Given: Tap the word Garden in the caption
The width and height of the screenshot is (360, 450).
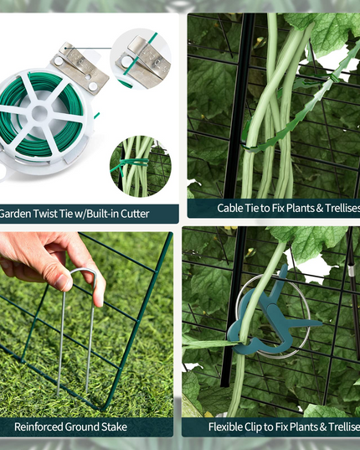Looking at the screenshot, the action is pos(15,214).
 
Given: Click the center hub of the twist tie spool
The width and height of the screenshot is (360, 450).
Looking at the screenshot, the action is pos(39,114).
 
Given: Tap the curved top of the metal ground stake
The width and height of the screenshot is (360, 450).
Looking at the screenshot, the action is pos(83,271).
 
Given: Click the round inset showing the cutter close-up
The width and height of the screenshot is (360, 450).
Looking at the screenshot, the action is pos(141,59).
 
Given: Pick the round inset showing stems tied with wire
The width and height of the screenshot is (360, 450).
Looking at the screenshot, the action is pos(141,166).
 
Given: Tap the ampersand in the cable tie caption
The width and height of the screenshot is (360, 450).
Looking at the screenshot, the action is pos(319,209).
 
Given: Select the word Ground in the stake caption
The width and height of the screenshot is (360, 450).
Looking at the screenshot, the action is pos(82,427).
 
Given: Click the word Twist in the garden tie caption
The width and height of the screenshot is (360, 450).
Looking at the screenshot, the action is pos(44,214).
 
